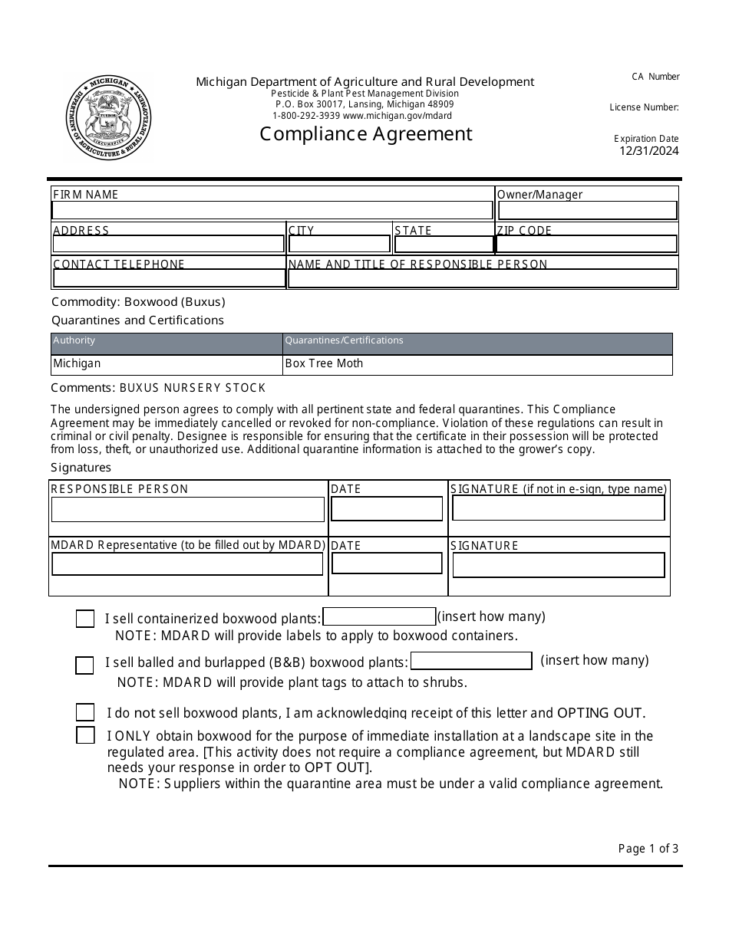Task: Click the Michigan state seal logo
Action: click(109, 118)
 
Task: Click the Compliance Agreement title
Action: click(365, 134)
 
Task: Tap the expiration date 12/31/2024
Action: click(649, 151)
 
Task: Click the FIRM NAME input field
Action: click(272, 210)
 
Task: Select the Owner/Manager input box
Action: click(587, 210)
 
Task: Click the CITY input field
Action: click(339, 245)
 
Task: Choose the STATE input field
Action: click(444, 245)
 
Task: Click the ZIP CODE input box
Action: click(587, 245)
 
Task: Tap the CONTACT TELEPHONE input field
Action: click(169, 278)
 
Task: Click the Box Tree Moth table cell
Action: click(477, 364)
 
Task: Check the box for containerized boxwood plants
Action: click(85, 619)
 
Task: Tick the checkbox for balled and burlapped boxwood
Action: click(84, 665)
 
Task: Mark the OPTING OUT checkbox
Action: click(85, 712)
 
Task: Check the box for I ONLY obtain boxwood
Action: click(85, 735)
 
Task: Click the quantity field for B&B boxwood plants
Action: click(471, 661)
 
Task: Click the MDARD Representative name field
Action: click(187, 564)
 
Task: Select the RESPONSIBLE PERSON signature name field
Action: click(187, 509)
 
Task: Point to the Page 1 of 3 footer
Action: click(648, 848)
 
